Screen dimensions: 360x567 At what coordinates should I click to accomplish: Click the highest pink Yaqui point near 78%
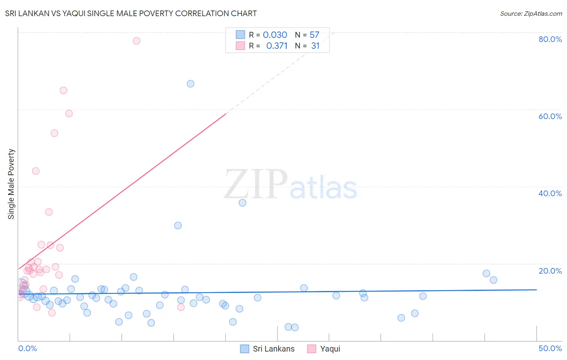point(136,41)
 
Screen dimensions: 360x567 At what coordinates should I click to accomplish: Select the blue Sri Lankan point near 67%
point(190,84)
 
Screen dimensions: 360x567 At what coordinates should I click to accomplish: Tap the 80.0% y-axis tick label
point(550,39)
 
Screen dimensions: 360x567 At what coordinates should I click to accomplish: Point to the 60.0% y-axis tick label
point(550,116)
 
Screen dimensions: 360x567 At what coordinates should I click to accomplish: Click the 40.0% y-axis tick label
point(550,193)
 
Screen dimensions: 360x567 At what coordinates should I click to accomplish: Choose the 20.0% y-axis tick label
point(550,271)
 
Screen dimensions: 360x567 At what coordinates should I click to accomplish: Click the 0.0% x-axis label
point(27,348)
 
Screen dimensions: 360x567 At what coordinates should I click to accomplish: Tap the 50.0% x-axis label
point(550,348)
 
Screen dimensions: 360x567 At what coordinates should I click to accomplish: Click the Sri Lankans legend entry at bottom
point(267,349)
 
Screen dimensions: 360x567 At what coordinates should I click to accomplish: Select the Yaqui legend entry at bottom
point(324,349)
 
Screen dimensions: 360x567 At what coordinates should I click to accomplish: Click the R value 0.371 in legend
point(277,46)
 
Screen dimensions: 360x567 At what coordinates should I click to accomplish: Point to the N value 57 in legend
point(314,35)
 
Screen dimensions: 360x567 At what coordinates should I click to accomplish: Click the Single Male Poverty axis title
point(11,184)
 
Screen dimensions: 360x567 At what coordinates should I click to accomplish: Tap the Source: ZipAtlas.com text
point(531,14)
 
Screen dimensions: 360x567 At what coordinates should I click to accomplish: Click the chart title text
point(131,13)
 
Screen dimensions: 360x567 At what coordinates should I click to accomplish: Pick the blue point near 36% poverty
point(242,203)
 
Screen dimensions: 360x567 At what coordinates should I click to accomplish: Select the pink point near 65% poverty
point(63,90)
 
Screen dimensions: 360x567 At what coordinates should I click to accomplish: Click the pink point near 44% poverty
point(35,171)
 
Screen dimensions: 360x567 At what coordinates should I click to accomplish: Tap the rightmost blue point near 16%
point(493,280)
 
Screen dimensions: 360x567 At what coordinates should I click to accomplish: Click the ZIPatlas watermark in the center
point(290,185)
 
